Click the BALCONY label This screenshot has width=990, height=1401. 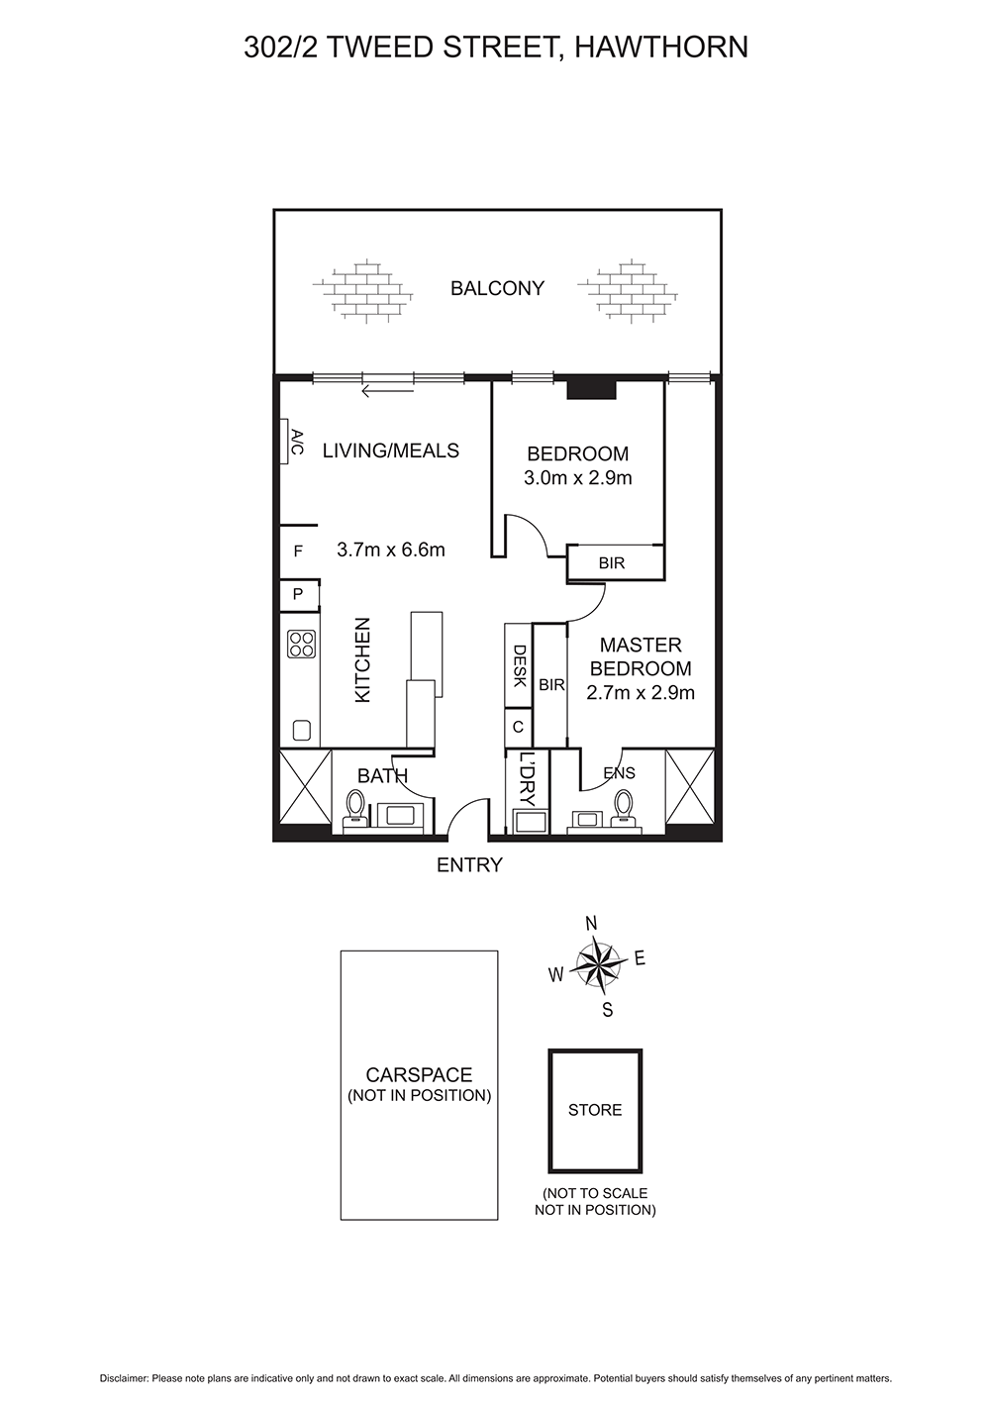(497, 288)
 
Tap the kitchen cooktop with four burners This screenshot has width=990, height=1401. (301, 644)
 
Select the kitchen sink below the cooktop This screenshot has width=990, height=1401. (302, 730)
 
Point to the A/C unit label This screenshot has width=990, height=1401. (297, 442)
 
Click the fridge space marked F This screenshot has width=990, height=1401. (298, 551)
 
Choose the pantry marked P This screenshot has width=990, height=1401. (298, 594)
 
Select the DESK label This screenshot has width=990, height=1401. (519, 665)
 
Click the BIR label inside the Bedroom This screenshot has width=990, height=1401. (612, 563)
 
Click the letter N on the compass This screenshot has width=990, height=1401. (591, 924)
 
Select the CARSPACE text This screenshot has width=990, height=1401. (419, 1074)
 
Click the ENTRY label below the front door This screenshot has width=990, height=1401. (469, 865)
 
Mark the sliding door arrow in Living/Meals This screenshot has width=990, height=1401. (388, 392)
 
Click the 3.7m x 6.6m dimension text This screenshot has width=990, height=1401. (391, 550)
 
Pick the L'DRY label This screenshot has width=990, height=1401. (528, 778)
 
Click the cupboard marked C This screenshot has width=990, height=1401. (518, 728)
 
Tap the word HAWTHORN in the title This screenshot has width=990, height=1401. (661, 47)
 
